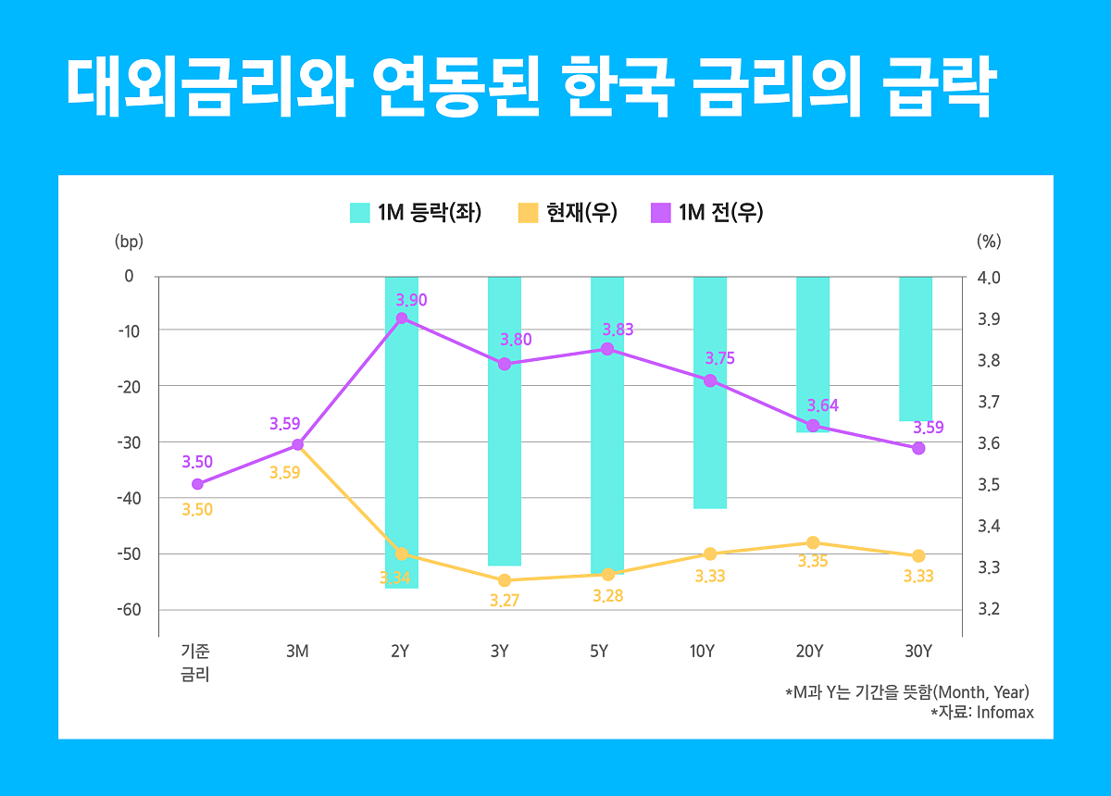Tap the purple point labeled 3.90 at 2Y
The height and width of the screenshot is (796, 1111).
pos(402,318)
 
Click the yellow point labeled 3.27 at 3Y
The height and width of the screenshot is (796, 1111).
pos(505,580)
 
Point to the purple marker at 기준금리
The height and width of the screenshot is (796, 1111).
pos(197,484)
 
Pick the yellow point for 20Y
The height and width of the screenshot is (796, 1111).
pos(813,542)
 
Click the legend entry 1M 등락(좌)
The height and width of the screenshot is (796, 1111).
pos(416,212)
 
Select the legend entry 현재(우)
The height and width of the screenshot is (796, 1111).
pos(566,212)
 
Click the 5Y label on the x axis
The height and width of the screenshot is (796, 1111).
pos(599,652)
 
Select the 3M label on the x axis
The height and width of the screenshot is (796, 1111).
pos(297,652)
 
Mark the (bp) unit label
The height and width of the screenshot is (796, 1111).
pos(129,242)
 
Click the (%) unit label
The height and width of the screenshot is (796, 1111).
pos(989,242)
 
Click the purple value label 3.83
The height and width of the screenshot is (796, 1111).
pos(618,330)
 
